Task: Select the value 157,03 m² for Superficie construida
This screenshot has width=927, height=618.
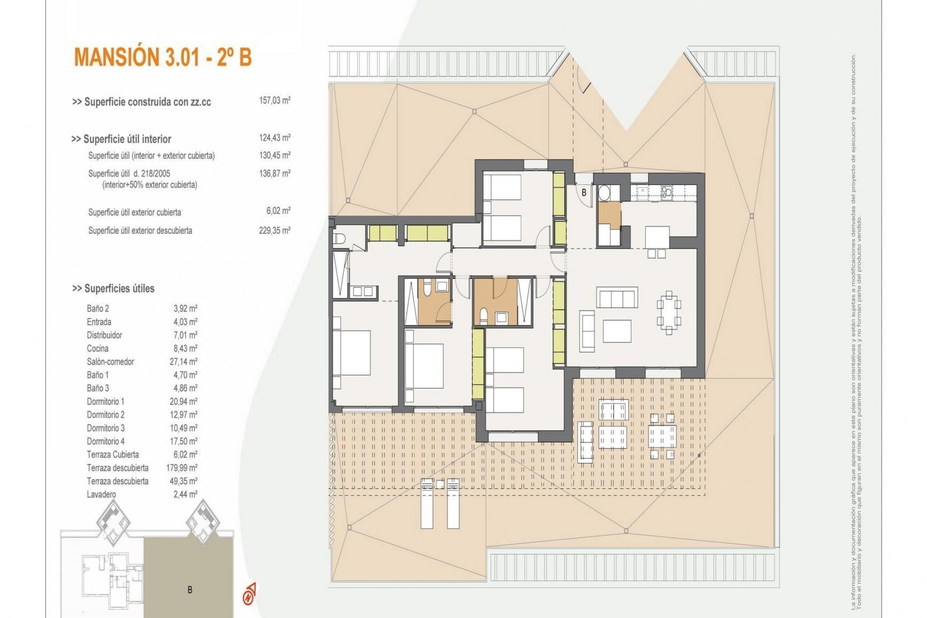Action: [x=274, y=101]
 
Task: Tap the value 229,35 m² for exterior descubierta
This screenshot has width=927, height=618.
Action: [x=274, y=230]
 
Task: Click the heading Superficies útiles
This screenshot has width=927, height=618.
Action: [x=113, y=288]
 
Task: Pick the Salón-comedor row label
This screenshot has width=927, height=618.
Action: [x=110, y=362]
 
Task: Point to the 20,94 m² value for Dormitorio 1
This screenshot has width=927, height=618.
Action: [x=185, y=401]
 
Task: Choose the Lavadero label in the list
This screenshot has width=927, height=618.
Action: [x=101, y=494]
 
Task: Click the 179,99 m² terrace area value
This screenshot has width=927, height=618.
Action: [x=185, y=468]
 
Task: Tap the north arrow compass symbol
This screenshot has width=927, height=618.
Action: [x=249, y=594]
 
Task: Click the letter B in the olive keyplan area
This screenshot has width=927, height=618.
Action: [x=190, y=590]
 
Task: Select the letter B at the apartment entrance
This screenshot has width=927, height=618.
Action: [x=584, y=193]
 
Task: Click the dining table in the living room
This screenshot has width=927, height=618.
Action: [x=669, y=312]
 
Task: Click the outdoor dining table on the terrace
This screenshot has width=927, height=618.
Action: [x=662, y=436]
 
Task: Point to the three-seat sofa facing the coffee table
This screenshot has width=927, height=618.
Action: [x=617, y=297]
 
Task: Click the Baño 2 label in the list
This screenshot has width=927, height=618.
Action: [x=98, y=309]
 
